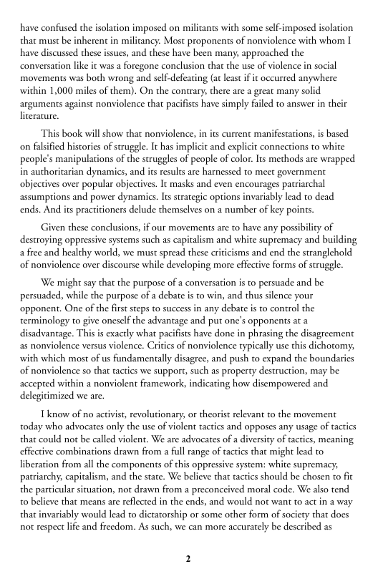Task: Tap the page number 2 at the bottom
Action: [x=188, y=558]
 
